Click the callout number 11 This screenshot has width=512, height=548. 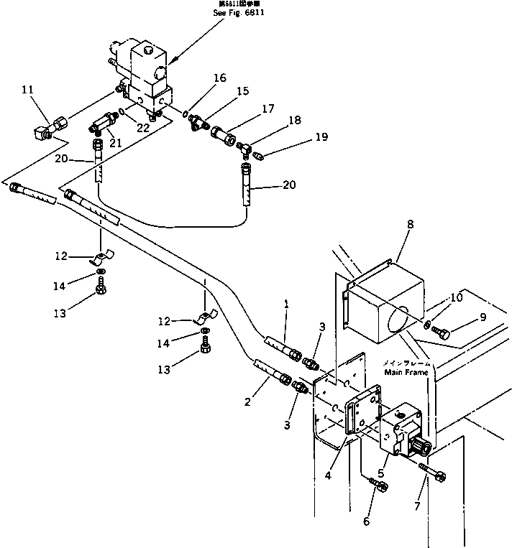(27, 90)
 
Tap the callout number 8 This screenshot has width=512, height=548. (409, 225)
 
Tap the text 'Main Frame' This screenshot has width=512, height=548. (406, 373)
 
